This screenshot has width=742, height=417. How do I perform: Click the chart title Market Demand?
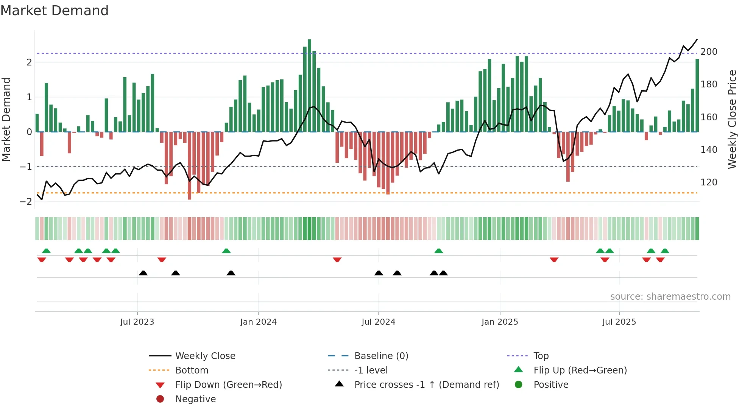[55, 11]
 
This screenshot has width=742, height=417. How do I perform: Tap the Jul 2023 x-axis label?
[137, 322]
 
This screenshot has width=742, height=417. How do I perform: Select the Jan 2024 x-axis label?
[258, 322]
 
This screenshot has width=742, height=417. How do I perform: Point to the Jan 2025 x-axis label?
[499, 322]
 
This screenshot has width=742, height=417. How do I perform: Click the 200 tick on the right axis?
[709, 52]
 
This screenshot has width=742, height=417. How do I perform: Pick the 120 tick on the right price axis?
[709, 182]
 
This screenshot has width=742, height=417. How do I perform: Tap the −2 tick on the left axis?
[26, 202]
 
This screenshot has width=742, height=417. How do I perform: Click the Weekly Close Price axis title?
[732, 119]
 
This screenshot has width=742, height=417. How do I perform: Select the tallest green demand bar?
[309, 85]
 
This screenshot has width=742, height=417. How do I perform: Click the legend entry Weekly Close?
[205, 356]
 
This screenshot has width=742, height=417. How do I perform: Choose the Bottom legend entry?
[192, 370]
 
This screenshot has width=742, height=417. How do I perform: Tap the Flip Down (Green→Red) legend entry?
[228, 385]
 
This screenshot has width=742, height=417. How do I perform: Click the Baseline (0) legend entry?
[381, 356]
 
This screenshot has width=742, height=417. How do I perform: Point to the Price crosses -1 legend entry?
[426, 385]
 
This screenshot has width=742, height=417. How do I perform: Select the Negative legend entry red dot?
[160, 399]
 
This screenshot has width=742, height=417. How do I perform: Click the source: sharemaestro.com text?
[670, 297]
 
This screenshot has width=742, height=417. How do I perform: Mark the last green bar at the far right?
[697, 95]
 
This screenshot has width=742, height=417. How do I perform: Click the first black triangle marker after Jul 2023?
[143, 273]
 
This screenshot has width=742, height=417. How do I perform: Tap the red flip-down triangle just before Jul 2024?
[337, 260]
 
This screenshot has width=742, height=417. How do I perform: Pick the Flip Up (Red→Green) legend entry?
[580, 370]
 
